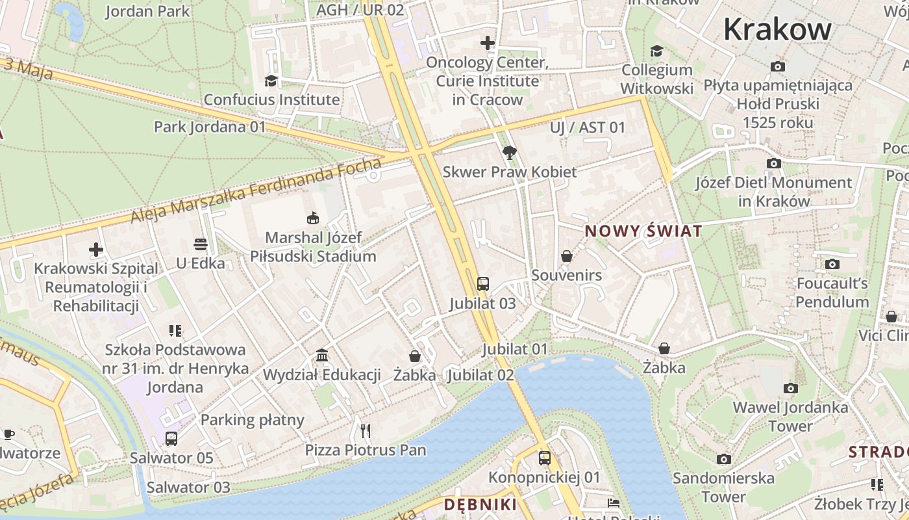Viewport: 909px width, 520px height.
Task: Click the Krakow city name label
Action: pyautogui.click(x=777, y=29)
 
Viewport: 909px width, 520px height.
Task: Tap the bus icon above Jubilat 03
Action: pyautogui.click(x=482, y=283)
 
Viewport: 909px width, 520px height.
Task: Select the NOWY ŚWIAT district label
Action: pyautogui.click(x=643, y=231)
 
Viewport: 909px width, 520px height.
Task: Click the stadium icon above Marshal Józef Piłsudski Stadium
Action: pyautogui.click(x=313, y=218)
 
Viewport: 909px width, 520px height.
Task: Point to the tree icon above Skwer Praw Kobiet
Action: pyautogui.click(x=510, y=153)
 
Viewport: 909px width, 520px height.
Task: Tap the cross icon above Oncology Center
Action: pyautogui.click(x=488, y=43)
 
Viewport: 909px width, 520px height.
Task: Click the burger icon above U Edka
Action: pyautogui.click(x=201, y=244)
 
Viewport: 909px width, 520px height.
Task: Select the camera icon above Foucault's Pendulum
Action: pyautogui.click(x=832, y=264)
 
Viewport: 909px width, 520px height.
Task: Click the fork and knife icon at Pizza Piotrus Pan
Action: pyautogui.click(x=366, y=430)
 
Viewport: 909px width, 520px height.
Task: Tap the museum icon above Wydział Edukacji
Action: pyautogui.click(x=322, y=355)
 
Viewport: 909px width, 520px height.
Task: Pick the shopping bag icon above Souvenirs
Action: pyautogui.click(x=567, y=256)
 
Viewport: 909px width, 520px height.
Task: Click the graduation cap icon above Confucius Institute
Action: pyautogui.click(x=271, y=81)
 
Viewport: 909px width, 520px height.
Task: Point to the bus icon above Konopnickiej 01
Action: pyautogui.click(x=544, y=458)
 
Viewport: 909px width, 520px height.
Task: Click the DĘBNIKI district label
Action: pyautogui.click(x=480, y=504)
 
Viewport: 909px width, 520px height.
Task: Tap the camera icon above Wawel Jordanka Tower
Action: pyautogui.click(x=790, y=388)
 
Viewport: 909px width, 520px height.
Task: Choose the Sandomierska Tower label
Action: pyautogui.click(x=723, y=487)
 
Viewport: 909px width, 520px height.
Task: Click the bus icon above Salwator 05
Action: pyautogui.click(x=171, y=438)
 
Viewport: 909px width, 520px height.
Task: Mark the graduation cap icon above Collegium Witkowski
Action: pyautogui.click(x=657, y=51)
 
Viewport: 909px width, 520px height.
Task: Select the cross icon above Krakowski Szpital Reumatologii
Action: pyautogui.click(x=96, y=250)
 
